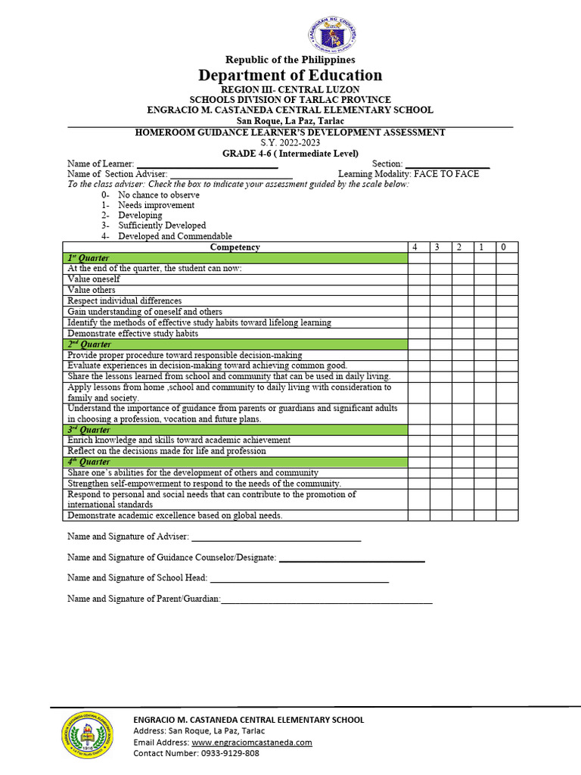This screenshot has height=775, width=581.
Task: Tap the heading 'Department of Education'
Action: [x=290, y=75]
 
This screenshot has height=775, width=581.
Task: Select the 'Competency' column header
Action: [x=235, y=247]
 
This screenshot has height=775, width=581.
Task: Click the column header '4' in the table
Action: [x=414, y=247]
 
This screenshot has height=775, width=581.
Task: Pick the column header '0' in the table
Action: [x=506, y=247]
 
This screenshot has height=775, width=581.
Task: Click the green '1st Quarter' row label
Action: [x=89, y=258]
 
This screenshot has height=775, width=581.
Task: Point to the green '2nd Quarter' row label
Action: [x=89, y=344]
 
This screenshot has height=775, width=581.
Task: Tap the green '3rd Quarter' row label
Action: [x=89, y=430]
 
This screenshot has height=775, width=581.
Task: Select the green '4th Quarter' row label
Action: [x=89, y=462]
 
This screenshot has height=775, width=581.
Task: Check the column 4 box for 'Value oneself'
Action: [x=418, y=279]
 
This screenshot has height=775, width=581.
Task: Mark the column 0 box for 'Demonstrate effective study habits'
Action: [x=506, y=333]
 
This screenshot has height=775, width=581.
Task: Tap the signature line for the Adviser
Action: [x=276, y=539]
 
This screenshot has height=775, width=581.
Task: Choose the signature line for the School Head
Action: [x=299, y=580]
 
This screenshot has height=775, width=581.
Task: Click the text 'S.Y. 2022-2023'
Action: [x=290, y=143]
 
